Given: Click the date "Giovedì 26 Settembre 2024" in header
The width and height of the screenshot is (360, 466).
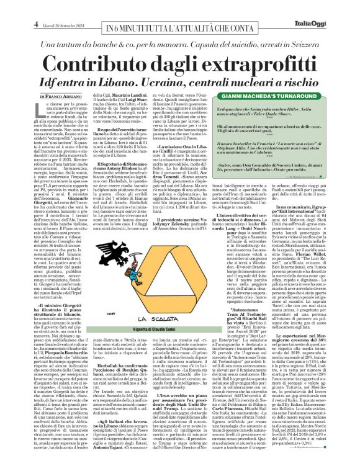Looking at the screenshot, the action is (x=50, y=7).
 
